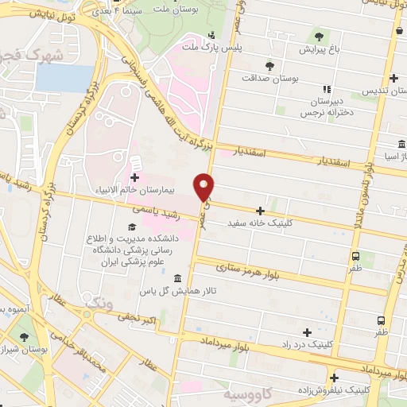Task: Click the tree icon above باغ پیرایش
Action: (318, 36)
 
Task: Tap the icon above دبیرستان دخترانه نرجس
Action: (325, 89)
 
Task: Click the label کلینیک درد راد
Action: (307, 343)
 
